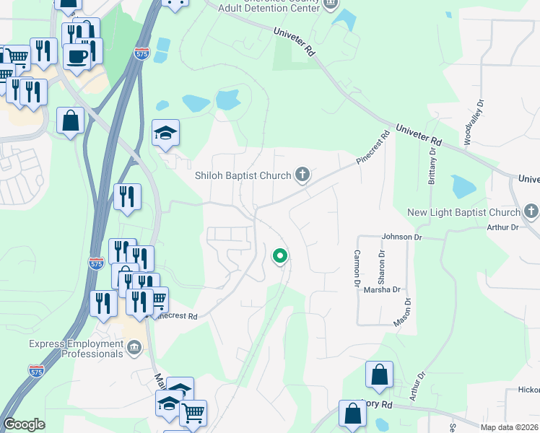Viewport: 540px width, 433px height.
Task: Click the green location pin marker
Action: click(279, 255)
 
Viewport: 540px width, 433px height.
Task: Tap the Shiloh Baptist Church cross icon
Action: click(303, 175)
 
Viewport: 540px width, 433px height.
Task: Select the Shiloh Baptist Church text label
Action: click(243, 175)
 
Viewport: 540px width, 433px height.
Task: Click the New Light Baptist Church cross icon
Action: click(531, 212)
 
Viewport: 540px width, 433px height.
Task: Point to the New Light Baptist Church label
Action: click(463, 212)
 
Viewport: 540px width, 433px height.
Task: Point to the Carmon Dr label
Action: click(357, 268)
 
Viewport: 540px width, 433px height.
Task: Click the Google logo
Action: click(24, 424)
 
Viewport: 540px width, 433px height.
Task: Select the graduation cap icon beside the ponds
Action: click(166, 133)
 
